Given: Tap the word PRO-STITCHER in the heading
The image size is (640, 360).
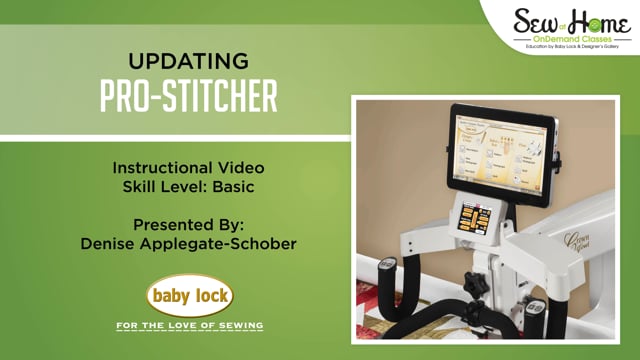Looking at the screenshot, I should point(190,96).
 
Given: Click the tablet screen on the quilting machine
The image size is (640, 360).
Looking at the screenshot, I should point(499,148).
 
